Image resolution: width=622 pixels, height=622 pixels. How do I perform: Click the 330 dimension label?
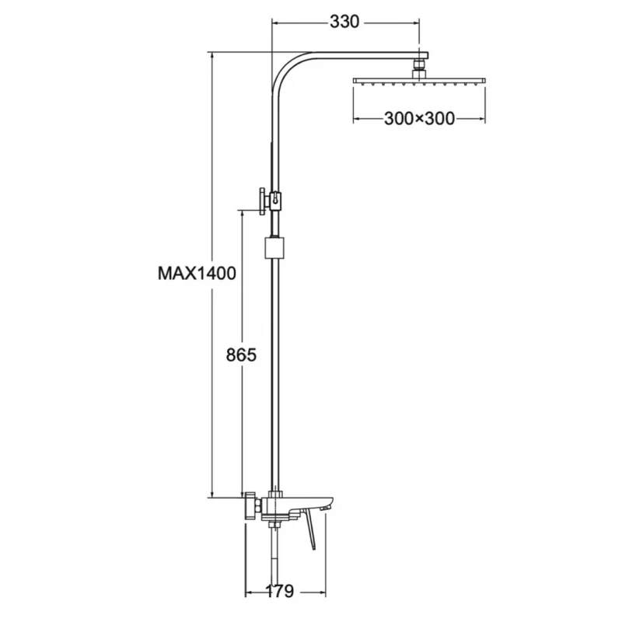point(344,22)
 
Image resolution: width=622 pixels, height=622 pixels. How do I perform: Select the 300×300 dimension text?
point(419,119)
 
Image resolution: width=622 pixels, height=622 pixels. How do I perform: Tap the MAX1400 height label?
point(197,274)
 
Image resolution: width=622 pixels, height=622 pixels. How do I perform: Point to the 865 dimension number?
point(241,355)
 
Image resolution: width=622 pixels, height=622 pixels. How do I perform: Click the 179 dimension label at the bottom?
point(279,591)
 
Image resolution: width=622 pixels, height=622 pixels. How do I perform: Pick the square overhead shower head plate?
point(419,81)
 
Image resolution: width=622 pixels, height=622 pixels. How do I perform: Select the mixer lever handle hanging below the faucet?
point(309,530)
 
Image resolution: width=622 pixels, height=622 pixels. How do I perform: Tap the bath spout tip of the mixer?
point(327,507)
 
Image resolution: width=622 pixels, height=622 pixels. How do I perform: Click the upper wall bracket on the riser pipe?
point(270,201)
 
